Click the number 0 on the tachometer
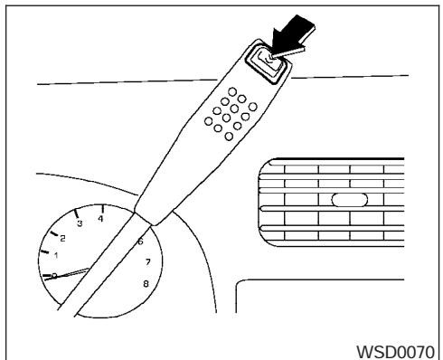(54, 275)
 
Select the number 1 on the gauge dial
(56, 256)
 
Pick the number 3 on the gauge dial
(80, 223)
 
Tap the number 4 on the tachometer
(101, 219)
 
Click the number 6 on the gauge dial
(139, 242)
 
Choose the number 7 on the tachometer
(147, 263)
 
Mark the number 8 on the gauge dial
(146, 283)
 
